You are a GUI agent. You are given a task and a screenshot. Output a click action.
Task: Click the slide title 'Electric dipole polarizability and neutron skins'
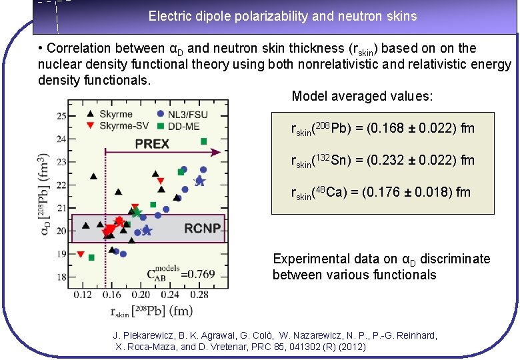click(x=283, y=16)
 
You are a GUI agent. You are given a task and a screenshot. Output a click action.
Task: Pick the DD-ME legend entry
click(x=187, y=126)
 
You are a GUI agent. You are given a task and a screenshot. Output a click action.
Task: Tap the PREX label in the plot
click(x=152, y=143)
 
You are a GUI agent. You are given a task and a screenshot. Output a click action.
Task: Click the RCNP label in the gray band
click(x=202, y=229)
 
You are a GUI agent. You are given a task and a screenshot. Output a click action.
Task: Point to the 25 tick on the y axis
click(x=61, y=116)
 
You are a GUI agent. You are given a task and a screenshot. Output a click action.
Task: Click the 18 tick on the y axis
click(x=61, y=277)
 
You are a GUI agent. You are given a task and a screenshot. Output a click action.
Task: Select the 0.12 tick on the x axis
click(x=83, y=294)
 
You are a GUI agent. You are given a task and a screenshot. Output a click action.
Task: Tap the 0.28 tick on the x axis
click(x=199, y=294)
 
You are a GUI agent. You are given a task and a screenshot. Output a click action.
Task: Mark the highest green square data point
click(x=203, y=141)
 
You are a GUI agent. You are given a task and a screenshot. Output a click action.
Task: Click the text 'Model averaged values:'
click(x=363, y=97)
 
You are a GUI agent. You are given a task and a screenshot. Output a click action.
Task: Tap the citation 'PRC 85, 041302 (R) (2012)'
click(x=304, y=347)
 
